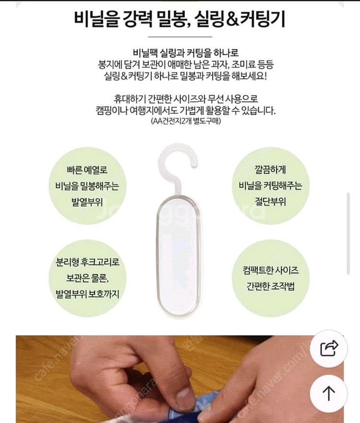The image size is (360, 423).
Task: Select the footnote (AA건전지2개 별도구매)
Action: pos(180,122)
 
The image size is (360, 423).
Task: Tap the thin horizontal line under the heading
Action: pos(180,36)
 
